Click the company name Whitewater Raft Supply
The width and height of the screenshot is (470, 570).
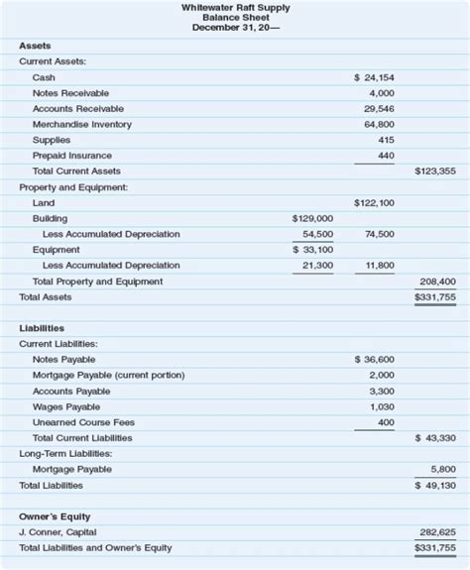[236, 7]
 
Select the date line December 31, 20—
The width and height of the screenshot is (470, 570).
[236, 27]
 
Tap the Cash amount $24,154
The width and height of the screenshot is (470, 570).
[374, 77]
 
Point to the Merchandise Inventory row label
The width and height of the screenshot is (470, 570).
[81, 124]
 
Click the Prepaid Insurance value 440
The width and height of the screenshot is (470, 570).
[386, 156]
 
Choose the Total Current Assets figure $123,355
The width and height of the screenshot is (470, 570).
[435, 171]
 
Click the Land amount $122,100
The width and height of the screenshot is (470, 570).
[374, 202]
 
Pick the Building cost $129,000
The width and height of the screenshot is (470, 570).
[312, 218]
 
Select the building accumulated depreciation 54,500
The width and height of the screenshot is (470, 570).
[317, 234]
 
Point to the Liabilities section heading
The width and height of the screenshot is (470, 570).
[42, 327]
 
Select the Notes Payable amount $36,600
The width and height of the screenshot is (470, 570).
[374, 359]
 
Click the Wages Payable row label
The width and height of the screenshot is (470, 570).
[66, 406]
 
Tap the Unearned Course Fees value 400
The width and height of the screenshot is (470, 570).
[386, 422]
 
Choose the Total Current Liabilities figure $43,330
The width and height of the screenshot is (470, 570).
[435, 438]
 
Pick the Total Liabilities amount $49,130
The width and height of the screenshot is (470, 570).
[435, 486]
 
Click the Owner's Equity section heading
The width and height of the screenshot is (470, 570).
[55, 516]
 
